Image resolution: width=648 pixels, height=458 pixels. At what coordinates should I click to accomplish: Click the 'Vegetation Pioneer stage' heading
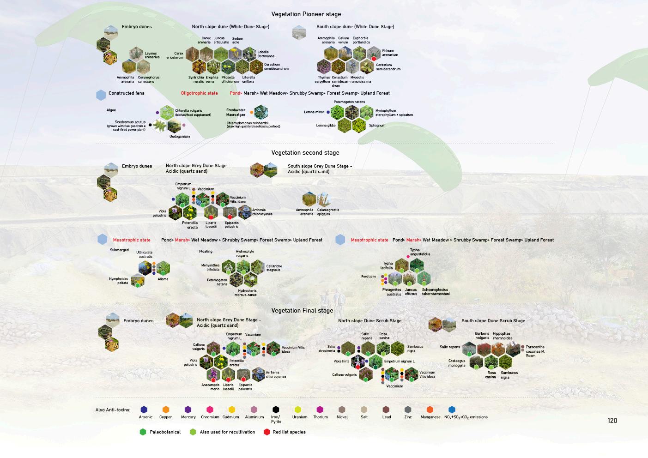tap(306, 14)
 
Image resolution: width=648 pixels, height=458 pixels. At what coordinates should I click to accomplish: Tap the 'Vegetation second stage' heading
tap(305, 153)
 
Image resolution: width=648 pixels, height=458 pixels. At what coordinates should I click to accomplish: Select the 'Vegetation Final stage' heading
tap(302, 311)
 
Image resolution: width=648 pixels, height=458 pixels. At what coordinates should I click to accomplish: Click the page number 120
tap(612, 421)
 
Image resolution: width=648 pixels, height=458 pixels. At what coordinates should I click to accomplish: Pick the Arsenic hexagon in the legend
tap(144, 410)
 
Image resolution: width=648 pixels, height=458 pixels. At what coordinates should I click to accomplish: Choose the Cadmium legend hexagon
tap(232, 410)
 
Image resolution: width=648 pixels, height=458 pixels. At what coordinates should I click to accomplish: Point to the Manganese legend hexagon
tap(430, 410)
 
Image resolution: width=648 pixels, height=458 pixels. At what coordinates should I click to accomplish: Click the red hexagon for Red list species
tap(266, 432)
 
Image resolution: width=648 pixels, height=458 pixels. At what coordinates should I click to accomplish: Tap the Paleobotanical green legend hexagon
tap(143, 432)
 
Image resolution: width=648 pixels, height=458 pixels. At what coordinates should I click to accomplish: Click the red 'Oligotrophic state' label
tap(199, 93)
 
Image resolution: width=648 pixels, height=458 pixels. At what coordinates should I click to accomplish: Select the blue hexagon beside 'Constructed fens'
tap(101, 95)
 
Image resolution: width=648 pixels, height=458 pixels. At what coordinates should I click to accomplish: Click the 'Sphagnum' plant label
tap(377, 126)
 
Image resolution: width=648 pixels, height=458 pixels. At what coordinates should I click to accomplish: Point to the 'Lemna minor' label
tap(314, 112)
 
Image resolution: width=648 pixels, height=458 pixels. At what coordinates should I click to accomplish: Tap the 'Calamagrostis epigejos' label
tap(328, 212)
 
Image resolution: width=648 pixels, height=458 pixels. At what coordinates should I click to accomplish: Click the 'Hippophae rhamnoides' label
tap(502, 336)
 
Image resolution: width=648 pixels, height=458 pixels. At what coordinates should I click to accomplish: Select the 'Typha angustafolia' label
tap(420, 252)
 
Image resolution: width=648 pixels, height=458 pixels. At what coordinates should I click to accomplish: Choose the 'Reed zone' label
tap(369, 277)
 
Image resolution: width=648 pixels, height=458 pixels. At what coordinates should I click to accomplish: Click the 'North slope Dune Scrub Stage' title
tap(369, 321)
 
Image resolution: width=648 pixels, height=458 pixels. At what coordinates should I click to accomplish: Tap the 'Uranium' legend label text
tap(300, 417)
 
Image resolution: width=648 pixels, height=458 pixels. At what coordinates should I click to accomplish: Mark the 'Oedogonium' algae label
tap(180, 137)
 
